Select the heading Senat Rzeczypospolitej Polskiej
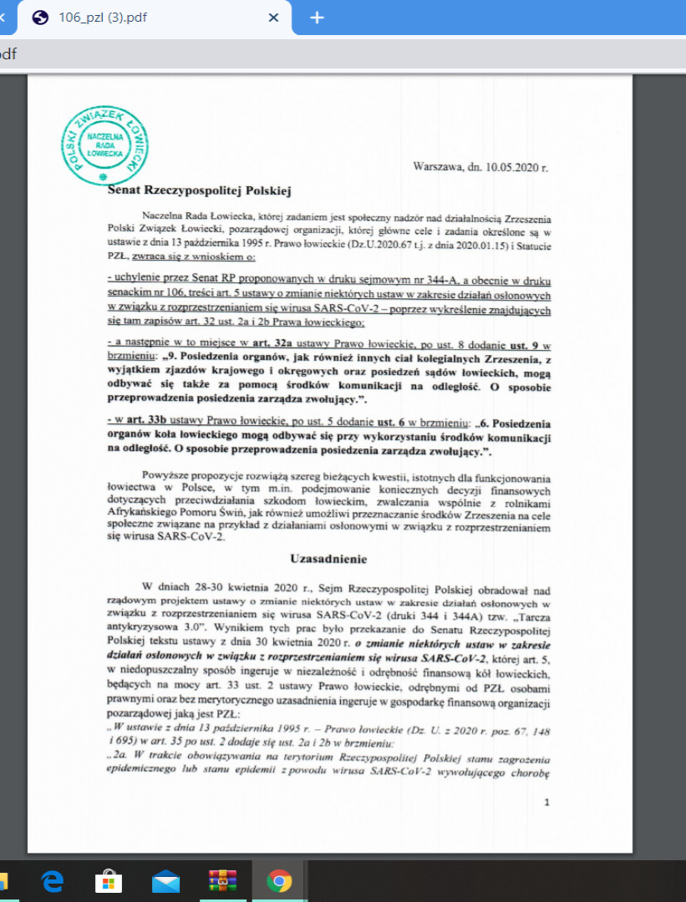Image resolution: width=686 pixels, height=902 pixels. click(199, 191)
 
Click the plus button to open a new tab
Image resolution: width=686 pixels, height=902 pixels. click(317, 18)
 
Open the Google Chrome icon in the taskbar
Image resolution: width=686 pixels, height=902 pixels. click(279, 881)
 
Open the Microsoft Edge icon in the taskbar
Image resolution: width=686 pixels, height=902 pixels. click(53, 881)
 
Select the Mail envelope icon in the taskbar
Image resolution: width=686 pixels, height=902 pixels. click(166, 881)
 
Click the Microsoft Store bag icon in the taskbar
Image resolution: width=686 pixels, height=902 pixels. click(109, 881)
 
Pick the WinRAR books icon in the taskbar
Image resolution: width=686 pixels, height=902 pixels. click(222, 881)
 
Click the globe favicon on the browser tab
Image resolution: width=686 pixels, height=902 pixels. click(42, 18)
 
